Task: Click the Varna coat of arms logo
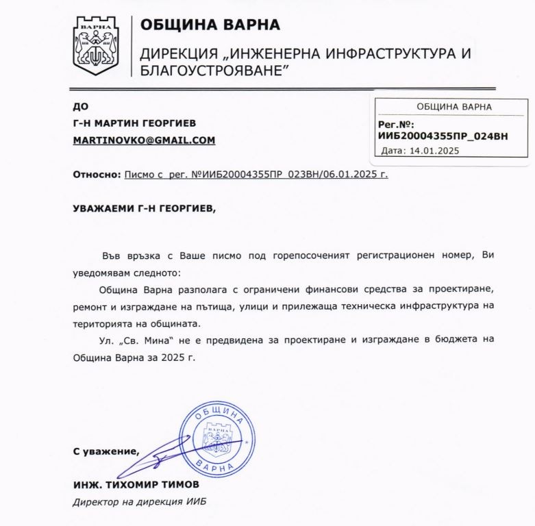(x=96, y=45)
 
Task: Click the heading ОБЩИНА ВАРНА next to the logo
(x=210, y=25)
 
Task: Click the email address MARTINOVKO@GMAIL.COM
(x=145, y=140)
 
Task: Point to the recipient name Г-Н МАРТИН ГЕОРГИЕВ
(x=134, y=123)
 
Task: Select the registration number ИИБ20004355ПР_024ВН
(x=443, y=136)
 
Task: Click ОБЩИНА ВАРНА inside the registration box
(x=453, y=107)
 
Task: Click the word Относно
(x=97, y=175)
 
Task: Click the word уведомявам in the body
(x=103, y=272)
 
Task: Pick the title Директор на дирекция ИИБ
(x=139, y=502)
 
